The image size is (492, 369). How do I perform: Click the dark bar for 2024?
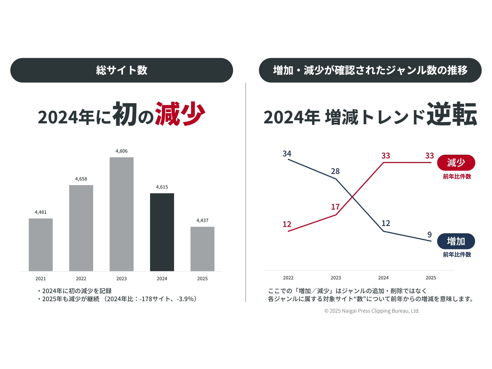coord(162,232)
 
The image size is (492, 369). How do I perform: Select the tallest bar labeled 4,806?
coord(121,214)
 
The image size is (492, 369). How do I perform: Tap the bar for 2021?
coord(41,245)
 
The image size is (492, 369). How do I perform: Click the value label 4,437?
coord(202,220)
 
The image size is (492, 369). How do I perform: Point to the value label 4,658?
coord(81,179)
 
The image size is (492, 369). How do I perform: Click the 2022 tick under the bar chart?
coord(81,279)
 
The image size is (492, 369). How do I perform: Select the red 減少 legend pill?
coord(456,163)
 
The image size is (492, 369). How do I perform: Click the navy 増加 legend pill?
coord(456,241)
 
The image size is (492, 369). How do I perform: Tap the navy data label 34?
coord(287,154)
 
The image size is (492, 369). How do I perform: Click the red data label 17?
coord(335,207)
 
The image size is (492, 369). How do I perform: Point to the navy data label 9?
coord(430,235)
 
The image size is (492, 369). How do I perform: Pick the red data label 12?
coord(287,224)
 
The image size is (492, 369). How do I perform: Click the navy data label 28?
coord(335,171)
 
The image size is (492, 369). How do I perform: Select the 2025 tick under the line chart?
coord(431,278)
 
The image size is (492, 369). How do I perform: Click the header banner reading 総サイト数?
coord(121,70)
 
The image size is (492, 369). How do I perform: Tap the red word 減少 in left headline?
coord(180,114)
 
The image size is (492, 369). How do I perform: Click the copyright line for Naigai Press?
coord(372,311)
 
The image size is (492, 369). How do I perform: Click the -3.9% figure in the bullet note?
coord(185,299)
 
